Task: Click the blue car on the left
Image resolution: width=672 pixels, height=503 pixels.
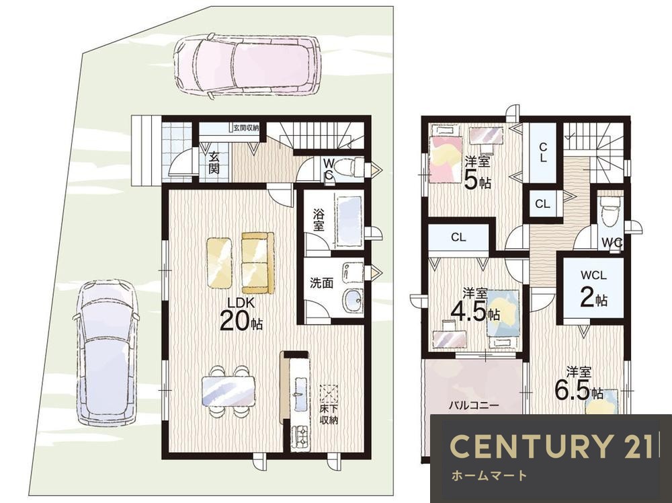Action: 106,352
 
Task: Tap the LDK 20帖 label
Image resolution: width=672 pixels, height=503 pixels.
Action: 241,314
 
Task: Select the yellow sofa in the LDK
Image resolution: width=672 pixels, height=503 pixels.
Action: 257,262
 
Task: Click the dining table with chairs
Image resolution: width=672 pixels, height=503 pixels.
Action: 228,391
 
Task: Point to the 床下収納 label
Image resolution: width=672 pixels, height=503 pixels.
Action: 329,414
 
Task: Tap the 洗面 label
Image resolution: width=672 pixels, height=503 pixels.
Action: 321,284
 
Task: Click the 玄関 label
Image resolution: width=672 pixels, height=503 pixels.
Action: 214,162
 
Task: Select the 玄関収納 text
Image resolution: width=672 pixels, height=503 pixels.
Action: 246,127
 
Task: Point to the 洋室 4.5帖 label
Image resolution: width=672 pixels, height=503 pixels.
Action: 475,305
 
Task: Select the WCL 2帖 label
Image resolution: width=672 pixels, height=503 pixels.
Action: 593,289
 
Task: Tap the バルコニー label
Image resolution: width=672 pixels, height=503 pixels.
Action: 474,405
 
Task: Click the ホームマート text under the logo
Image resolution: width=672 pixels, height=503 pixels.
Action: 489,475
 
